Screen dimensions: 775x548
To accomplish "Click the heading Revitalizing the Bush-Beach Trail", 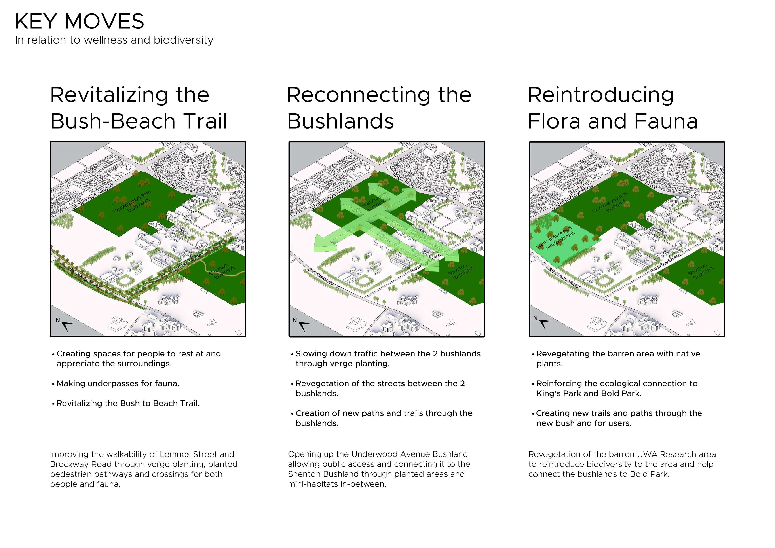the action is [138, 108].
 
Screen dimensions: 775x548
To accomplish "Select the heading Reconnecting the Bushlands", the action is [379, 108].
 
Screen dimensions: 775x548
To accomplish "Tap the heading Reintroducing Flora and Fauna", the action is [612, 108].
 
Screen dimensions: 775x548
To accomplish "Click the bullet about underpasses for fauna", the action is [118, 384].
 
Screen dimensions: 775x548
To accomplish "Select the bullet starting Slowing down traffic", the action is [387, 359].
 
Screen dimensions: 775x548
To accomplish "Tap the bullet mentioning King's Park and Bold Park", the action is [616, 388].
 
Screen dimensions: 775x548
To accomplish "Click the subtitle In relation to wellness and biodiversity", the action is [114, 40].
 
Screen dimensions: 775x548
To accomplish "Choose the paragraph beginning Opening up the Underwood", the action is [379, 469].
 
